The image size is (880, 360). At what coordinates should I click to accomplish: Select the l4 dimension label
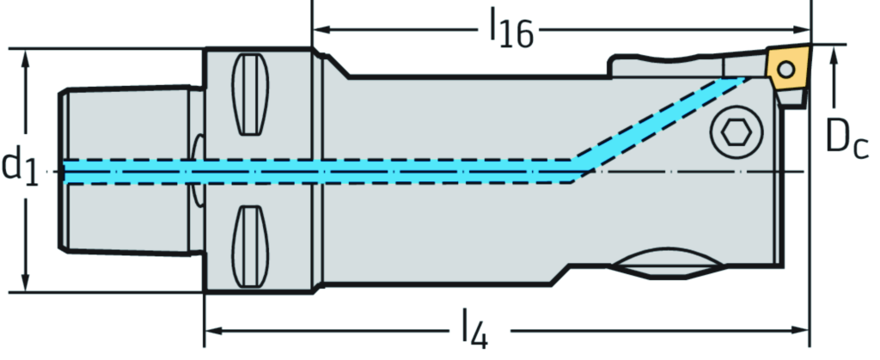pyautogui.click(x=472, y=329)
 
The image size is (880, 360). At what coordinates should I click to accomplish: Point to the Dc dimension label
pyautogui.click(x=846, y=137)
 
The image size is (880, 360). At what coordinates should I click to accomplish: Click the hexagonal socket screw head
pyautogui.click(x=735, y=133)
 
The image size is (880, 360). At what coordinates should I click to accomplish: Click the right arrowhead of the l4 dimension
pyautogui.click(x=804, y=329)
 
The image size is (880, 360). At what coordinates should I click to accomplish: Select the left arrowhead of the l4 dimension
pyautogui.click(x=211, y=329)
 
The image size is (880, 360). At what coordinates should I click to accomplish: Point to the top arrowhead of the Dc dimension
pyautogui.click(x=834, y=53)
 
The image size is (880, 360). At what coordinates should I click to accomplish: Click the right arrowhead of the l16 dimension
pyautogui.click(x=804, y=29)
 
